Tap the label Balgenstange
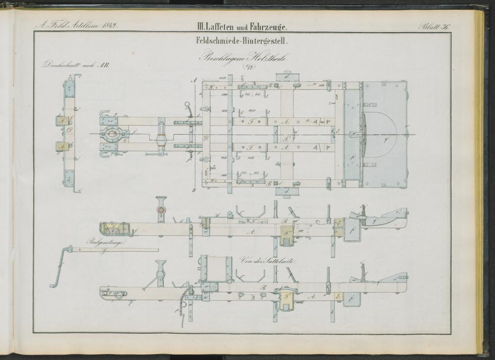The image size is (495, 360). click(x=105, y=243)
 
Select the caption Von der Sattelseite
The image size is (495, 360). click(x=267, y=261)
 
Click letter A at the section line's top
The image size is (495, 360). click(x=194, y=80)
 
